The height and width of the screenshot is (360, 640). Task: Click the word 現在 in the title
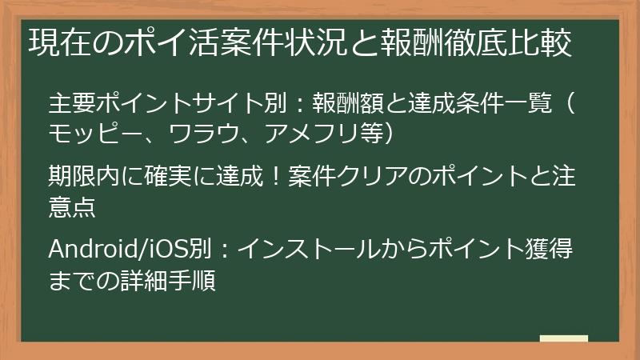point(60,42)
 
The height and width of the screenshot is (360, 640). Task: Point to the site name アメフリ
point(311,133)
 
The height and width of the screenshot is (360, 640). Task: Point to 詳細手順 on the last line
point(168,280)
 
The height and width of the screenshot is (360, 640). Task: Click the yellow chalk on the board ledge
point(564,338)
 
